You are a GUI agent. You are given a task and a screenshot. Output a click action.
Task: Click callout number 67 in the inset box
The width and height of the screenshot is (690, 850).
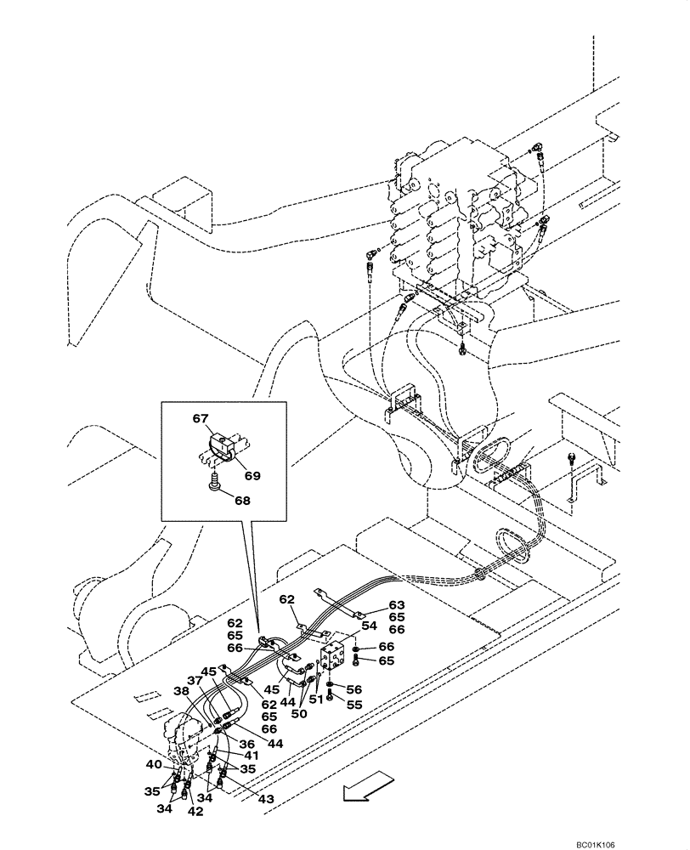pos(200,418)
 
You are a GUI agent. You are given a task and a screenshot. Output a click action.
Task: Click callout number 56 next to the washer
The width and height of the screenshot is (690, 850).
pos(354,689)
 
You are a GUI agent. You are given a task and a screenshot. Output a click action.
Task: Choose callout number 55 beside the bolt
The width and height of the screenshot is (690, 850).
pos(354,705)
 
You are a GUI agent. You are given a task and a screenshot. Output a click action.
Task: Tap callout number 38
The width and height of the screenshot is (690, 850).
pos(180,692)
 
